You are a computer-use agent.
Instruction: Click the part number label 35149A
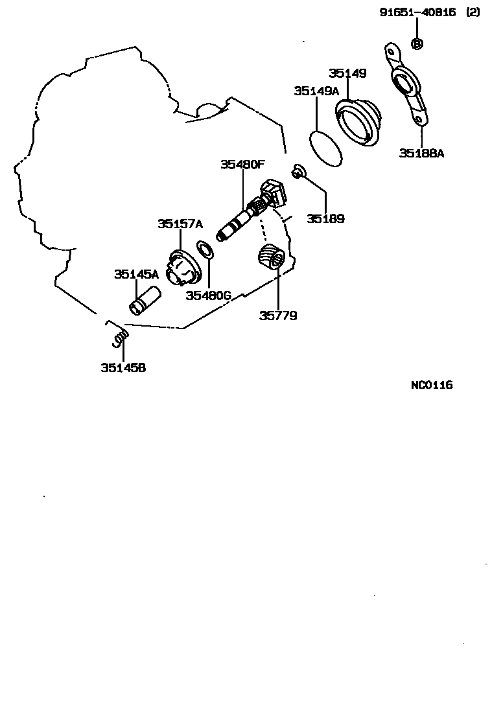316,91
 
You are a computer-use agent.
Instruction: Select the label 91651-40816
417,12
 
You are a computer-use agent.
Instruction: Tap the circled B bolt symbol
417,43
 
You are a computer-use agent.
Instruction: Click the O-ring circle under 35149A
326,148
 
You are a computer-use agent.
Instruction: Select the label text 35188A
421,153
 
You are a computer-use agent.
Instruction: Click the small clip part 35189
298,172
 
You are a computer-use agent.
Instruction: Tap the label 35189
325,219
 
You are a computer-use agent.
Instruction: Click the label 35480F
242,165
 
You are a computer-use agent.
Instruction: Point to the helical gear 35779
271,259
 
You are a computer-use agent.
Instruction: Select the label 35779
278,316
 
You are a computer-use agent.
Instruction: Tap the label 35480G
208,296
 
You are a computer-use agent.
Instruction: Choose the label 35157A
180,224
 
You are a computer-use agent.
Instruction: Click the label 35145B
123,368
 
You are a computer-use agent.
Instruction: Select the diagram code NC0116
432,385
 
